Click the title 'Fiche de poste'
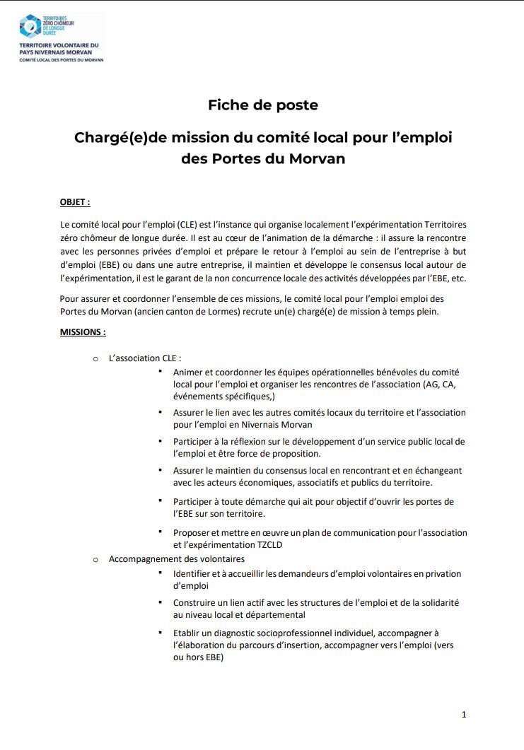(x=262, y=105)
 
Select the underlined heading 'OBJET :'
(x=75, y=202)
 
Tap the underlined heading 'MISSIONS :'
(x=83, y=331)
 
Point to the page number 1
(x=464, y=715)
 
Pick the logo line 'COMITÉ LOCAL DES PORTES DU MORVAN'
(x=61, y=60)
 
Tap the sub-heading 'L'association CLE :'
(x=150, y=358)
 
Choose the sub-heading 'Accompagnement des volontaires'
(x=177, y=559)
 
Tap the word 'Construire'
(x=197, y=602)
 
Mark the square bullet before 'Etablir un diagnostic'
(x=161, y=632)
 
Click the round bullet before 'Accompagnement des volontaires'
(x=95, y=560)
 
